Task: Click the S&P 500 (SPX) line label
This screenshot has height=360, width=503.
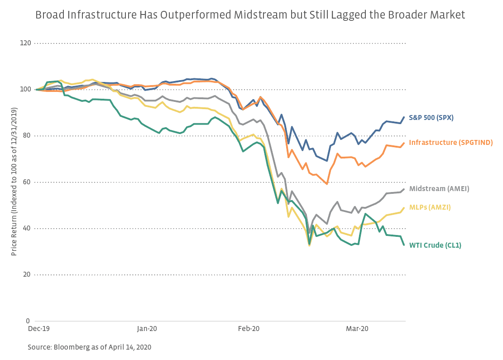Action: tap(431, 118)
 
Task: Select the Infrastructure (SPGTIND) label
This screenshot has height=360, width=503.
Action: tap(450, 143)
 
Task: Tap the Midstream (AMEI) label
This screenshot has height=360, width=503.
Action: tap(439, 189)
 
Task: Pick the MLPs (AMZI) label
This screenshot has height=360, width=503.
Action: tap(430, 207)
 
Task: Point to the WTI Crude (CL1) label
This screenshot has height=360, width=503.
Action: tap(435, 245)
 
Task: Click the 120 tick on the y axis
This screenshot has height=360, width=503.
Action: tap(25, 43)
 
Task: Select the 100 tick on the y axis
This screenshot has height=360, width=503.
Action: tap(25, 90)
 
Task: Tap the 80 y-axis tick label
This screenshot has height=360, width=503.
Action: tap(27, 136)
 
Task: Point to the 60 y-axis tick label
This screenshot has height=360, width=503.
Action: tap(27, 182)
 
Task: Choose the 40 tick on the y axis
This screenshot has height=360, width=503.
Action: tap(27, 229)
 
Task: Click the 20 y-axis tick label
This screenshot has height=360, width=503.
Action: tap(27, 275)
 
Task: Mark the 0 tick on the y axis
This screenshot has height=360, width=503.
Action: tap(29, 321)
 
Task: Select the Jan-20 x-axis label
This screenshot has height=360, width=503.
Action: tap(147, 328)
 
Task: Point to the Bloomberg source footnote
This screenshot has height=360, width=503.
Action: tap(89, 347)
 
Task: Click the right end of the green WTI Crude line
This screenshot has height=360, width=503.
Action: tap(404, 245)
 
